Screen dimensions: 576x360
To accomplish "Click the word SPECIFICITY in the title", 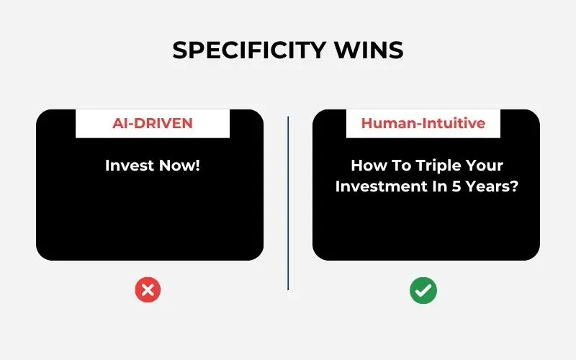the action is coord(249,50).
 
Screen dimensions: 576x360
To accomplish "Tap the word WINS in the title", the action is coord(369,50).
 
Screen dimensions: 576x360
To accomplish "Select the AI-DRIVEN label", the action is coord(153,123).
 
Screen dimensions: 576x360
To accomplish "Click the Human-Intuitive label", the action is coord(423,123).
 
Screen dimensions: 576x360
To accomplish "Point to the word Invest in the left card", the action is coord(129,166).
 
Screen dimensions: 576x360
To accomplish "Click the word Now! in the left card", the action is coord(179,166).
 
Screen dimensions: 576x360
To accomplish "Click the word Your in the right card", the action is coord(485,166).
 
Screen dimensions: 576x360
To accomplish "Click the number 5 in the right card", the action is coord(456,186).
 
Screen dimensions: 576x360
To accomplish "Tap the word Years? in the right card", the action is coord(492,186).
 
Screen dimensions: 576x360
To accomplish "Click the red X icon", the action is coord(148,290).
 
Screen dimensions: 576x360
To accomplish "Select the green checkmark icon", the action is coord(423,290).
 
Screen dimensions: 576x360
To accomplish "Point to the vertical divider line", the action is coord(288,203).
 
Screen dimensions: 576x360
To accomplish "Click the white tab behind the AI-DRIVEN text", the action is coord(153,124).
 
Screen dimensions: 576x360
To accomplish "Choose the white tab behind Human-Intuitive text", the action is coord(423,124).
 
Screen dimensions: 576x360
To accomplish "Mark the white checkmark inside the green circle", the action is coord(423,292).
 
